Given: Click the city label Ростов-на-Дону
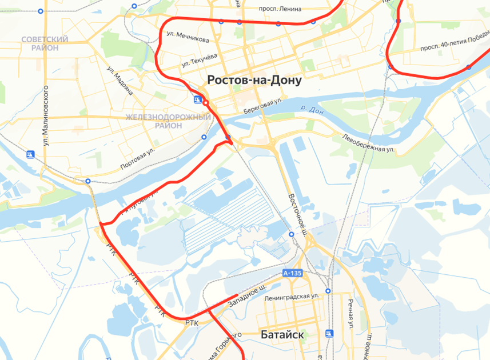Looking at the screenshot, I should pyautogui.click(x=254, y=81).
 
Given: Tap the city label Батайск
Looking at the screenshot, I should pyautogui.click(x=282, y=334).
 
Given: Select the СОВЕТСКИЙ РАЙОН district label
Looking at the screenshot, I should pyautogui.click(x=45, y=43).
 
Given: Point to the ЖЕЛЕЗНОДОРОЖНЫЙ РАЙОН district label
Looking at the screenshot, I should pyautogui.click(x=169, y=121).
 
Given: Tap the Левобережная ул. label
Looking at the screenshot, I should pyautogui.click(x=369, y=143).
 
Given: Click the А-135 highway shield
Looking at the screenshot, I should pyautogui.click(x=292, y=274).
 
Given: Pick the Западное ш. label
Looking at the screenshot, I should pyautogui.click(x=247, y=296).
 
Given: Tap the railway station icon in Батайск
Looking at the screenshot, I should pyautogui.click(x=329, y=333).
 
